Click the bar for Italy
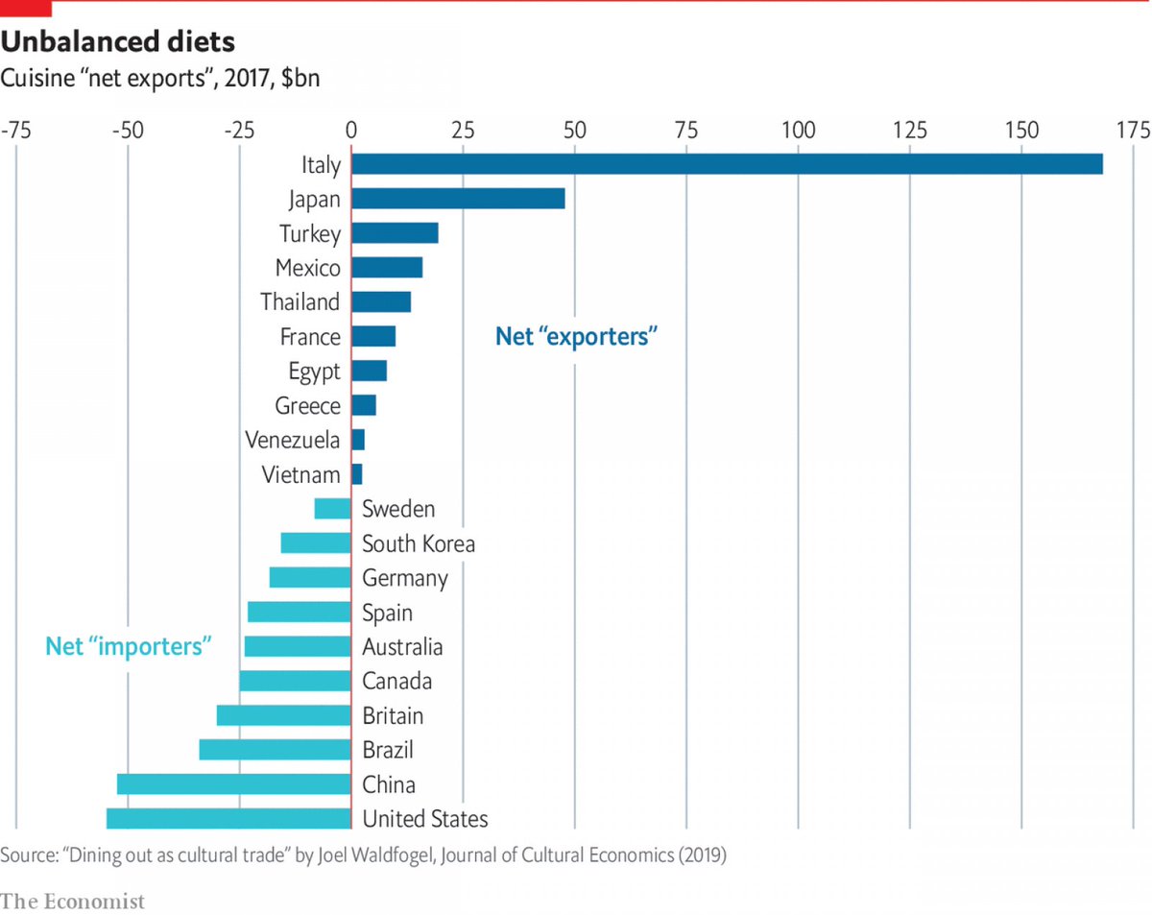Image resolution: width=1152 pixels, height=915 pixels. coord(727,164)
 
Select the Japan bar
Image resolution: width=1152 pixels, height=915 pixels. coord(458,199)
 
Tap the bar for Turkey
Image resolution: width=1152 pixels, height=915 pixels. coord(395,233)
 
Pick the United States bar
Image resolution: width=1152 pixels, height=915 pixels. coord(228,819)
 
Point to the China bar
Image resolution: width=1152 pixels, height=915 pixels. coord(234,784)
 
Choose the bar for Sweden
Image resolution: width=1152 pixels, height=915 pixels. coord(332,509)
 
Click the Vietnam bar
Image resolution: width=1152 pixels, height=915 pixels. coord(357,474)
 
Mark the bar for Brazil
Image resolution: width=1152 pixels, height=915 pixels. coord(275,750)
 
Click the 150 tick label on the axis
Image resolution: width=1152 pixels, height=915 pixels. coord(1021,131)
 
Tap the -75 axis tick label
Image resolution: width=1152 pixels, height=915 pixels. coord(14,131)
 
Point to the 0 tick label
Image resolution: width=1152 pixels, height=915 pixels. coord(351,131)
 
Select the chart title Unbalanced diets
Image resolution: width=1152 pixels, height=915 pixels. coord(118,43)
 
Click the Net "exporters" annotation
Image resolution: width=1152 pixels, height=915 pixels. coord(576,336)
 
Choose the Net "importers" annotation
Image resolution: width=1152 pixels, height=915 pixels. coord(129,646)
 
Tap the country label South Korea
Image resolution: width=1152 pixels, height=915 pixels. coord(418,544)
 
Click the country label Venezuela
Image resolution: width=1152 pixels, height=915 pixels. coord(293,441)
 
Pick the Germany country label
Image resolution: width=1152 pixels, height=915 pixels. coord(404,578)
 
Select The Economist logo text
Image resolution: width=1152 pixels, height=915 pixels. coord(73,901)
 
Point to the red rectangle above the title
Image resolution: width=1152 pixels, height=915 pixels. coord(26,9)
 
